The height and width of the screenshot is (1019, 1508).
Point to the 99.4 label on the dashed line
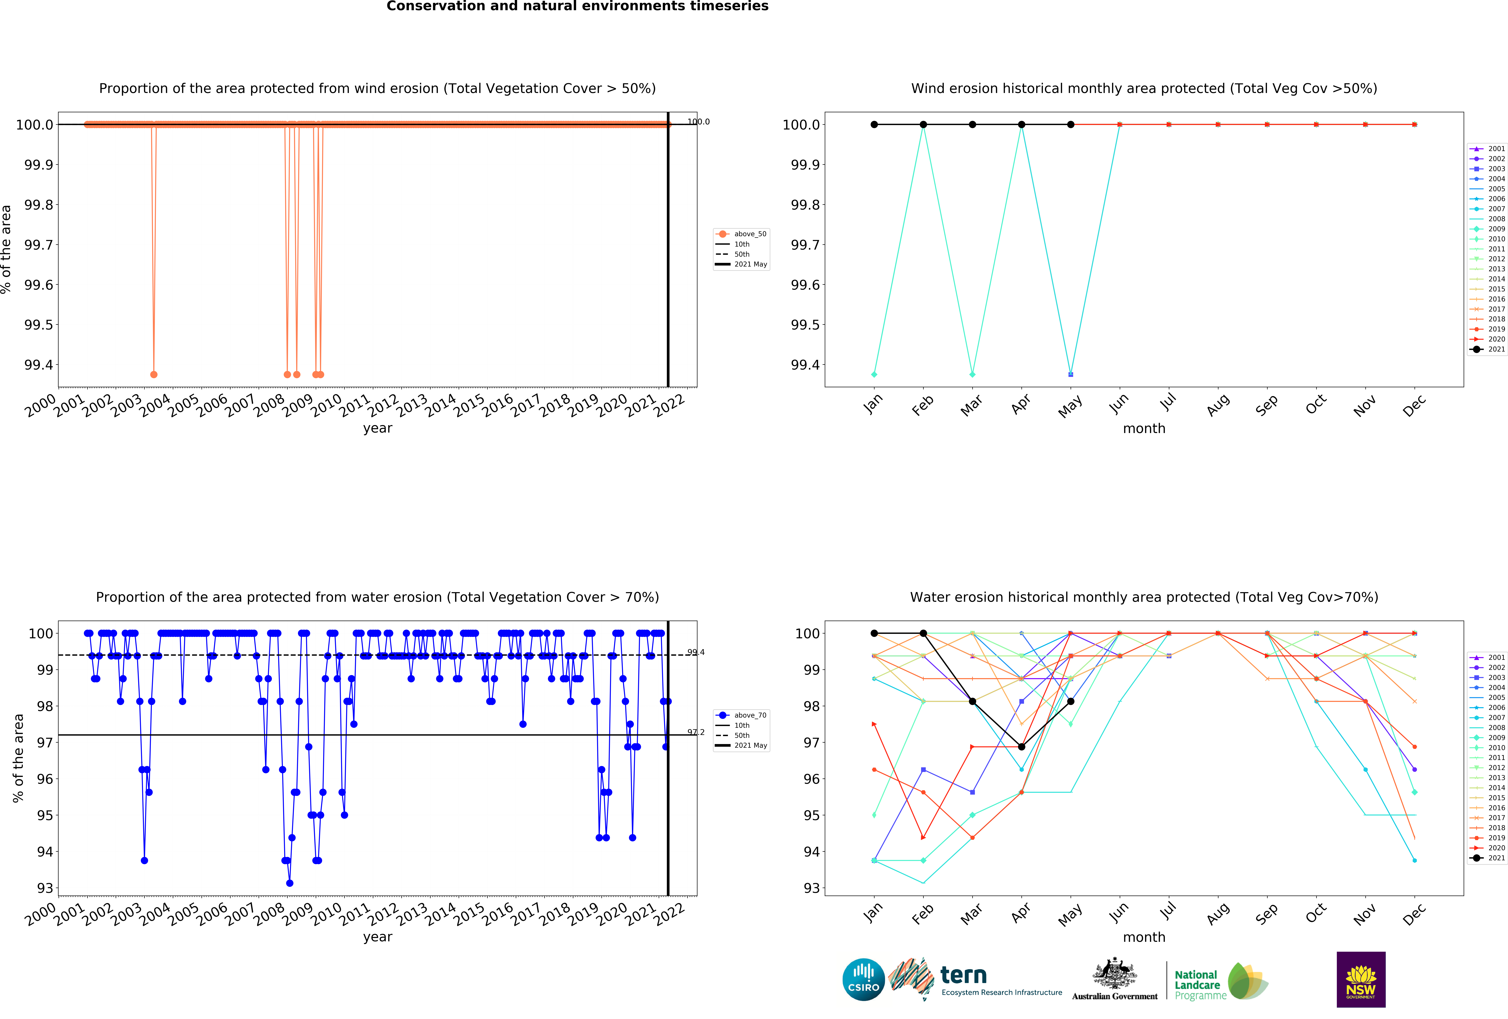click(696, 652)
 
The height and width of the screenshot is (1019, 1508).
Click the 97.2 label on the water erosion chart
click(696, 732)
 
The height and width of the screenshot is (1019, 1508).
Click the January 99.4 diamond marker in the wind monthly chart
click(874, 374)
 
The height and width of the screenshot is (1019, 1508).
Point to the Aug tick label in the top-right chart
click(1218, 405)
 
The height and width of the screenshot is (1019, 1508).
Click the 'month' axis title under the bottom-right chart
click(1144, 937)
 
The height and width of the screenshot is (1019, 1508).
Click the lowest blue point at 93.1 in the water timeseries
click(289, 883)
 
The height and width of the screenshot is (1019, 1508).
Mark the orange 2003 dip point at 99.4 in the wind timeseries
click(154, 374)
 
